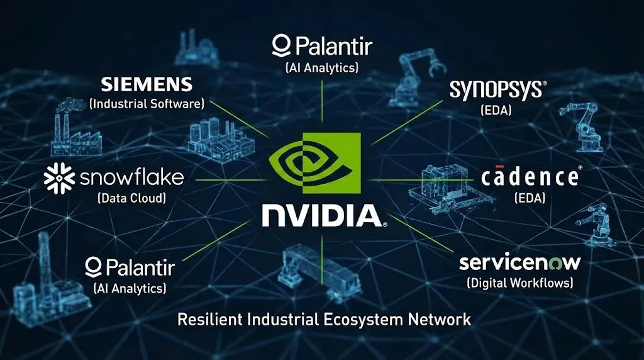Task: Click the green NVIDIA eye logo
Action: [314, 163]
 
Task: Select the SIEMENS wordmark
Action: [147, 84]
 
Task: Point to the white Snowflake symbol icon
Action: [59, 178]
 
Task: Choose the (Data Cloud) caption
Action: [131, 198]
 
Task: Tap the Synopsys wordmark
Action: [496, 90]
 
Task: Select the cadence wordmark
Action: [530, 177]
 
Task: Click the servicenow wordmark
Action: [519, 262]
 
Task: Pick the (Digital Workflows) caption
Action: [519, 283]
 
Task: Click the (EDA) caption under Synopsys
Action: [496, 111]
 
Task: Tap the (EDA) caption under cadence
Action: [529, 198]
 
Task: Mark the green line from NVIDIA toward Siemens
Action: [242, 119]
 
